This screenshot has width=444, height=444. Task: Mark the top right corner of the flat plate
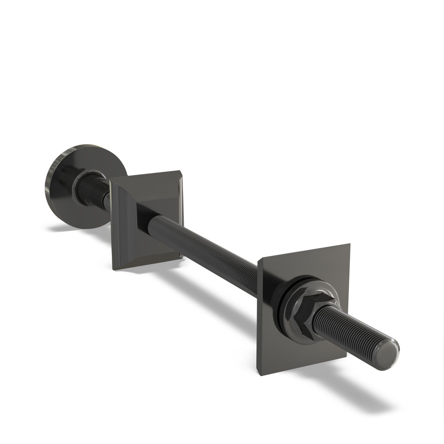coord(350,245)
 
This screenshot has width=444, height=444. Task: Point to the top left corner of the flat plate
coord(259,260)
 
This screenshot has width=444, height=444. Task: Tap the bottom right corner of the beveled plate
coord(181,257)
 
